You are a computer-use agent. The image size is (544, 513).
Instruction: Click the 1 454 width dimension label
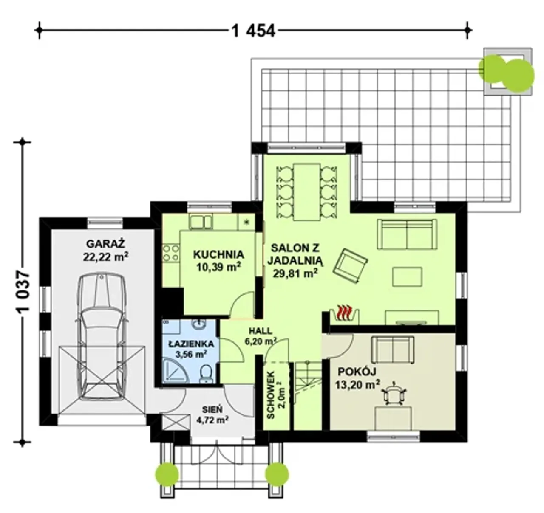253,31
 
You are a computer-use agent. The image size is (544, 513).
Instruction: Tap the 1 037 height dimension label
23,292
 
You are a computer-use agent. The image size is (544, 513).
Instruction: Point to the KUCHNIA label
218,254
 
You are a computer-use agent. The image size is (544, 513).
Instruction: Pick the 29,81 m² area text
295,273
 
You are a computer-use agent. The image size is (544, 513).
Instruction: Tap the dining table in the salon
307,192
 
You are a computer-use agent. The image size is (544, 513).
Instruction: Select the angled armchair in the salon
350,266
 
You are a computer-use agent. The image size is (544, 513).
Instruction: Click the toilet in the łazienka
206,374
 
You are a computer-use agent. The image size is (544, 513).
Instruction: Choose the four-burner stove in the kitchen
171,253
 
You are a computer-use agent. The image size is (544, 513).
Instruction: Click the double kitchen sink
201,222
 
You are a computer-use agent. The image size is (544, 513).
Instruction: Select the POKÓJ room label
357,372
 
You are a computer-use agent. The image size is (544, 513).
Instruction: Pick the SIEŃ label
212,409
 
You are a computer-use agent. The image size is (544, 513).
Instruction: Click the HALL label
261,331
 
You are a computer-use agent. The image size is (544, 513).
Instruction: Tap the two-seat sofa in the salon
407,234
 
